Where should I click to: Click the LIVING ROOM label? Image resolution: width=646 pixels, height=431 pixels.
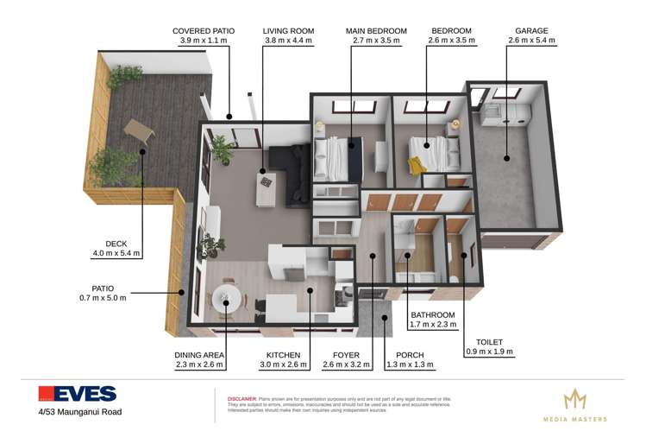tap(288, 31)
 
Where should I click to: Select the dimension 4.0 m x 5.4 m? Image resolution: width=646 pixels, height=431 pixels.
tap(116, 253)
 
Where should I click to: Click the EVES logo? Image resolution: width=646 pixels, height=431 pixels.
tap(77, 394)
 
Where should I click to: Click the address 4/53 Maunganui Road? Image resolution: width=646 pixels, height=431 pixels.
tap(79, 412)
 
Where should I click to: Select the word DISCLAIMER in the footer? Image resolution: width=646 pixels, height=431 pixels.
tap(231, 399)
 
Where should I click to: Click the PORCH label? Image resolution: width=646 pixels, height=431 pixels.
tap(409, 355)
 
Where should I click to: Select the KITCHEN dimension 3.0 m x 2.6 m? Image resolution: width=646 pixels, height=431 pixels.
tap(283, 365)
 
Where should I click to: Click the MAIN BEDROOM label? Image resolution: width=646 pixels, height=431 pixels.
tap(376, 31)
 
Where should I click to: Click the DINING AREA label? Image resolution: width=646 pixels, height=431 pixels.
tap(199, 355)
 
